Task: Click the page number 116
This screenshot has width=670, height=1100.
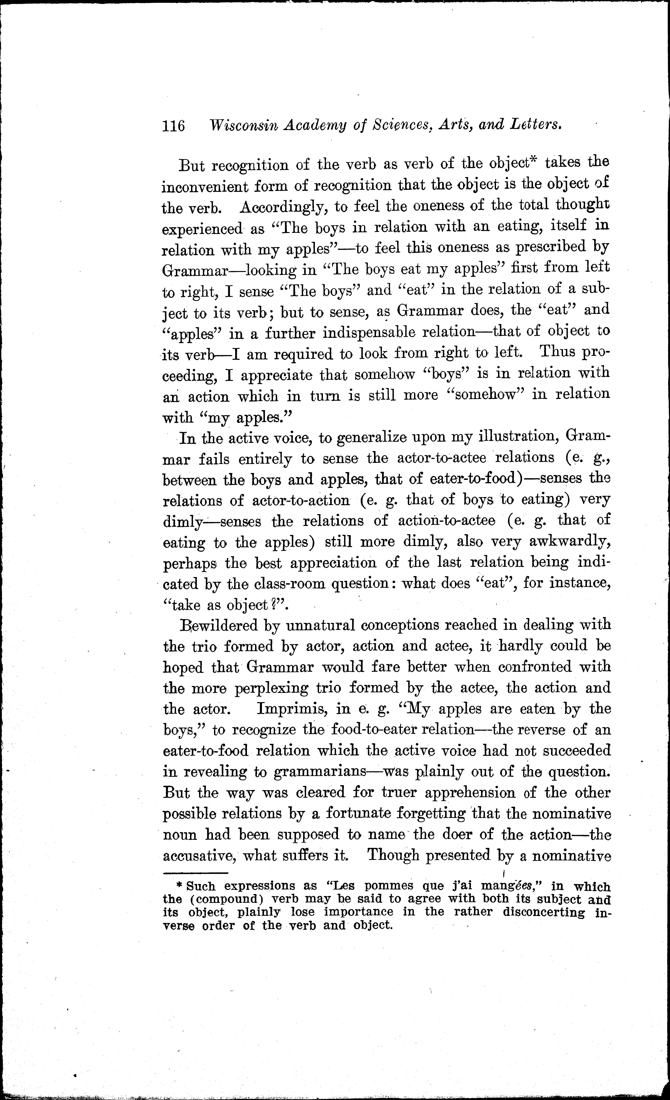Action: tap(174, 126)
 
